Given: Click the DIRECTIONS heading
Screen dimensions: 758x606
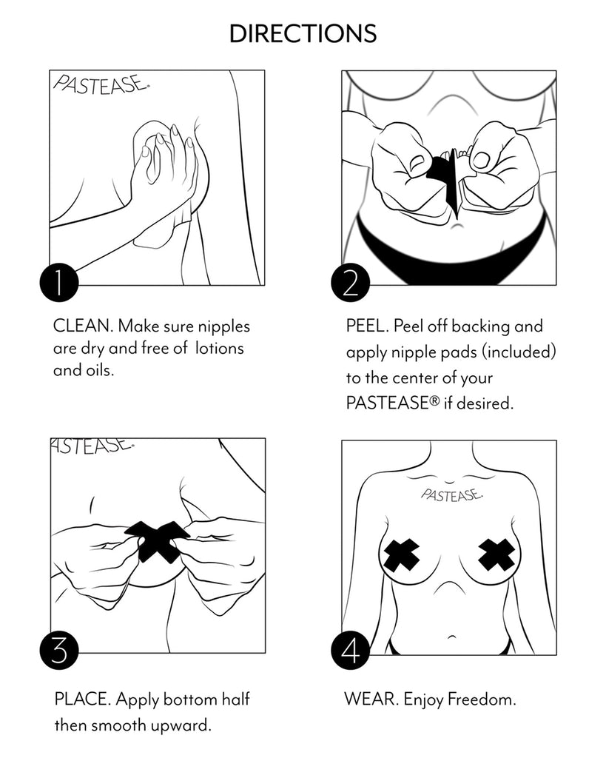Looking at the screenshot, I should click(x=303, y=33).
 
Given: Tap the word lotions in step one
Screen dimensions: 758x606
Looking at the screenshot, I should click(x=220, y=348).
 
